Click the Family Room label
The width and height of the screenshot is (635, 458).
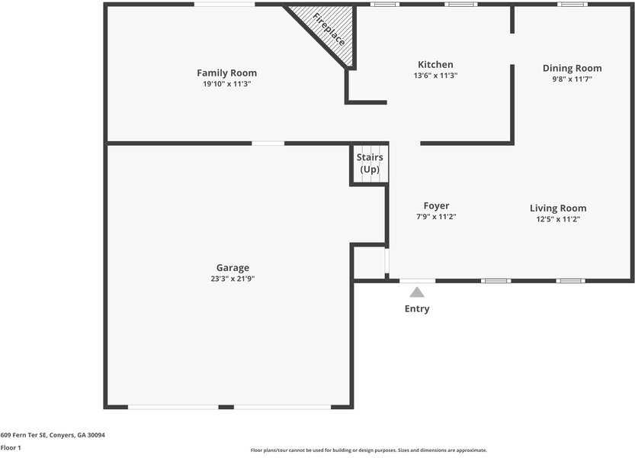pos(226,73)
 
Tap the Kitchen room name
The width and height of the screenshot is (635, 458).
pos(435,65)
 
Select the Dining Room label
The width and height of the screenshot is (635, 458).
pos(572,68)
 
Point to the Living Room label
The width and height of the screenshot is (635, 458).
pos(558,208)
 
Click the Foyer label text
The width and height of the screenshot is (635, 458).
pos(436,206)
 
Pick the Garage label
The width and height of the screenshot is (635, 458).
pos(233,268)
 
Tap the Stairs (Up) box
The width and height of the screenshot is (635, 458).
pos(370,163)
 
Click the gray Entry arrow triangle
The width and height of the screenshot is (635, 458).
pos(416,292)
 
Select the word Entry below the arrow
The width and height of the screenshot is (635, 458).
pos(417,309)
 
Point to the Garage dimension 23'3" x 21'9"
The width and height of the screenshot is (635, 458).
pos(233,279)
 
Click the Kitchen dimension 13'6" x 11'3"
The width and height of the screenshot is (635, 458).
pos(435,76)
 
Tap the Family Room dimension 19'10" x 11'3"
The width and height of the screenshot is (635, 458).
pos(226,84)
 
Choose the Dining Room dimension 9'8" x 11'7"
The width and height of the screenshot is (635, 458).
pos(572,79)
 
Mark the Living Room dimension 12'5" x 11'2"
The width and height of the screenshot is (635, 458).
pos(558,219)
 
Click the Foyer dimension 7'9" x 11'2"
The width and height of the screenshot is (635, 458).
pos(436,217)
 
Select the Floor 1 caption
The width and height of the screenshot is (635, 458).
pos(11,447)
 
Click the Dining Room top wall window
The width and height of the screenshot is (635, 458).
pos(572,5)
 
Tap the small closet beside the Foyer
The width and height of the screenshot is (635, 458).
pos(370,263)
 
